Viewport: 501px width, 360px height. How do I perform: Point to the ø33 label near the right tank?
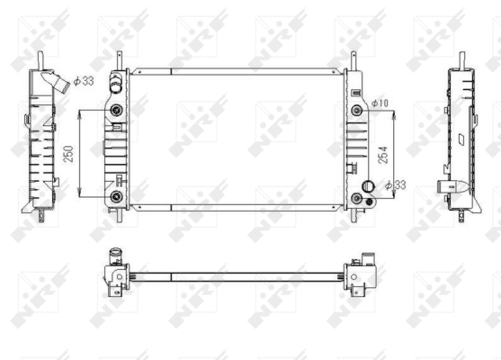tap(396, 185)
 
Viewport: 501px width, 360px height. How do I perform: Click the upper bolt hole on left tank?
tap(117, 112)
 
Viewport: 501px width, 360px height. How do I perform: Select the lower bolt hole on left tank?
tap(117, 195)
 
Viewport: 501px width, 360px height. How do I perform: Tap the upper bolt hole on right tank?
tap(357, 111)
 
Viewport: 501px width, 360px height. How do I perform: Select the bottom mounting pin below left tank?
tap(122, 217)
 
